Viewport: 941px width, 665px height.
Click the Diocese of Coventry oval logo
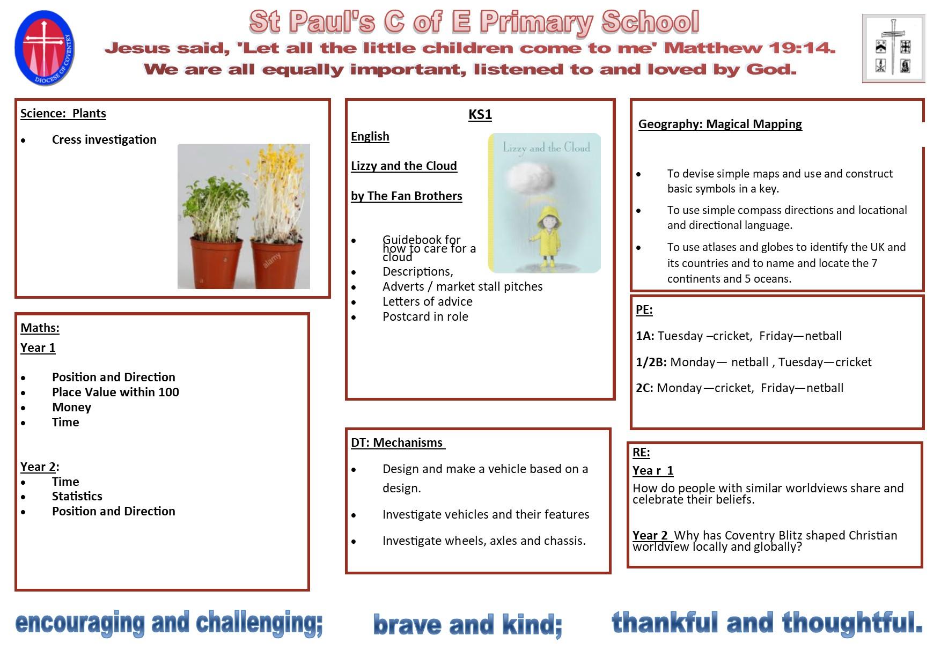pyautogui.click(x=45, y=48)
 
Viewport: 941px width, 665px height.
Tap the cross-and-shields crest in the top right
pyautogui.click(x=893, y=48)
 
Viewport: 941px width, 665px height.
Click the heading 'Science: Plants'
pyautogui.click(x=63, y=114)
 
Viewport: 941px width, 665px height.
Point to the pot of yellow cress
pyautogui.click(x=276, y=220)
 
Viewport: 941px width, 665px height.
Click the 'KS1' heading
pyautogui.click(x=480, y=114)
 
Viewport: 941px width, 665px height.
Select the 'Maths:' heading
pyautogui.click(x=40, y=328)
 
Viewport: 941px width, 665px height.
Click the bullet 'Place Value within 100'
pyautogui.click(x=115, y=392)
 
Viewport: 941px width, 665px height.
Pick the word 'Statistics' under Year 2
pyautogui.click(x=77, y=496)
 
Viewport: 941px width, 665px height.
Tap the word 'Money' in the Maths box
pyautogui.click(x=71, y=408)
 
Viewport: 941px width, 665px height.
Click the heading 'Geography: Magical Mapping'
pyautogui.click(x=720, y=124)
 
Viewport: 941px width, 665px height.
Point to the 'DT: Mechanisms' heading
pyautogui.click(x=398, y=443)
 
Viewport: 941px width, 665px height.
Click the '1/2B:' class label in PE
pyautogui.click(x=651, y=363)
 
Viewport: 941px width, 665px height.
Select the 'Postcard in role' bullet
pyautogui.click(x=425, y=317)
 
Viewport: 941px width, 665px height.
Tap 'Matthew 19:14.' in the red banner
pyautogui.click(x=749, y=48)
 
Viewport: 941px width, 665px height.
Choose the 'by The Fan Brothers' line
pyautogui.click(x=407, y=196)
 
